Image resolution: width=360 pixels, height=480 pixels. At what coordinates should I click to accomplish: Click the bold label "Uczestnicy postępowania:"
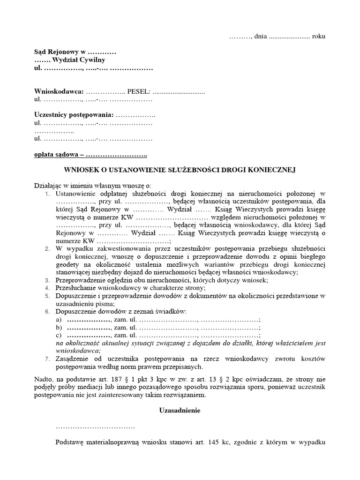point(74,115)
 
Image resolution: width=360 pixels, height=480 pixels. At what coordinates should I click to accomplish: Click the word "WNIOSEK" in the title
point(80,170)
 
